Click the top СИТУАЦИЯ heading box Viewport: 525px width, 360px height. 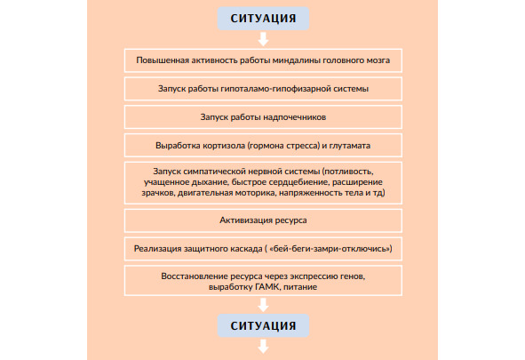coord(263,19)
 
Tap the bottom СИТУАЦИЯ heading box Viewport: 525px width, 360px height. coord(263,325)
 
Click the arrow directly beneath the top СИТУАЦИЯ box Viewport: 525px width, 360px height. coord(264,39)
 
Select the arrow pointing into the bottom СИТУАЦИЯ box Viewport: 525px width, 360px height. coord(264,305)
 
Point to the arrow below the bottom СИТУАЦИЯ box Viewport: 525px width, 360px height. coord(264,347)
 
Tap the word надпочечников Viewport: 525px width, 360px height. coord(295,117)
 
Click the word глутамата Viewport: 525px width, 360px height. coord(350,146)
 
